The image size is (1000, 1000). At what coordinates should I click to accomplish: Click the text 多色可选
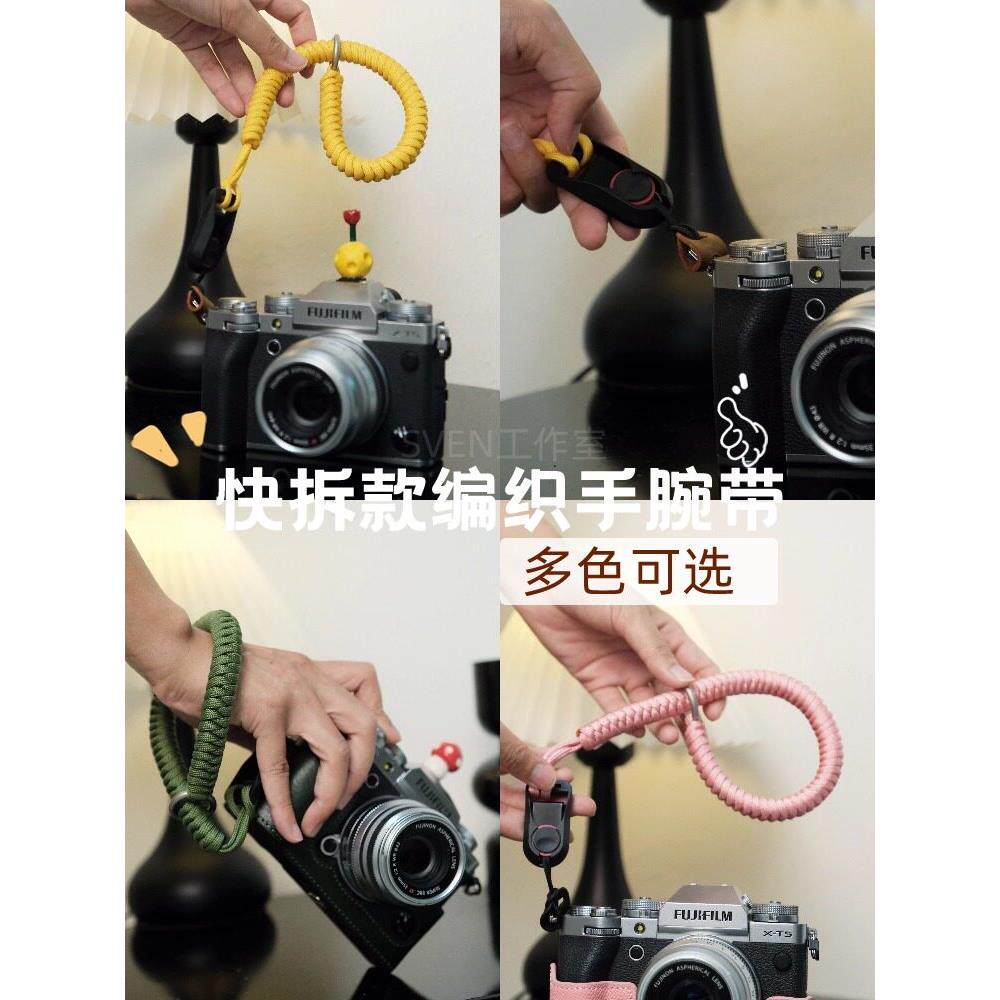(629, 570)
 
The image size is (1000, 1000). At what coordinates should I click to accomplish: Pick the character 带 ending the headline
(746, 500)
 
